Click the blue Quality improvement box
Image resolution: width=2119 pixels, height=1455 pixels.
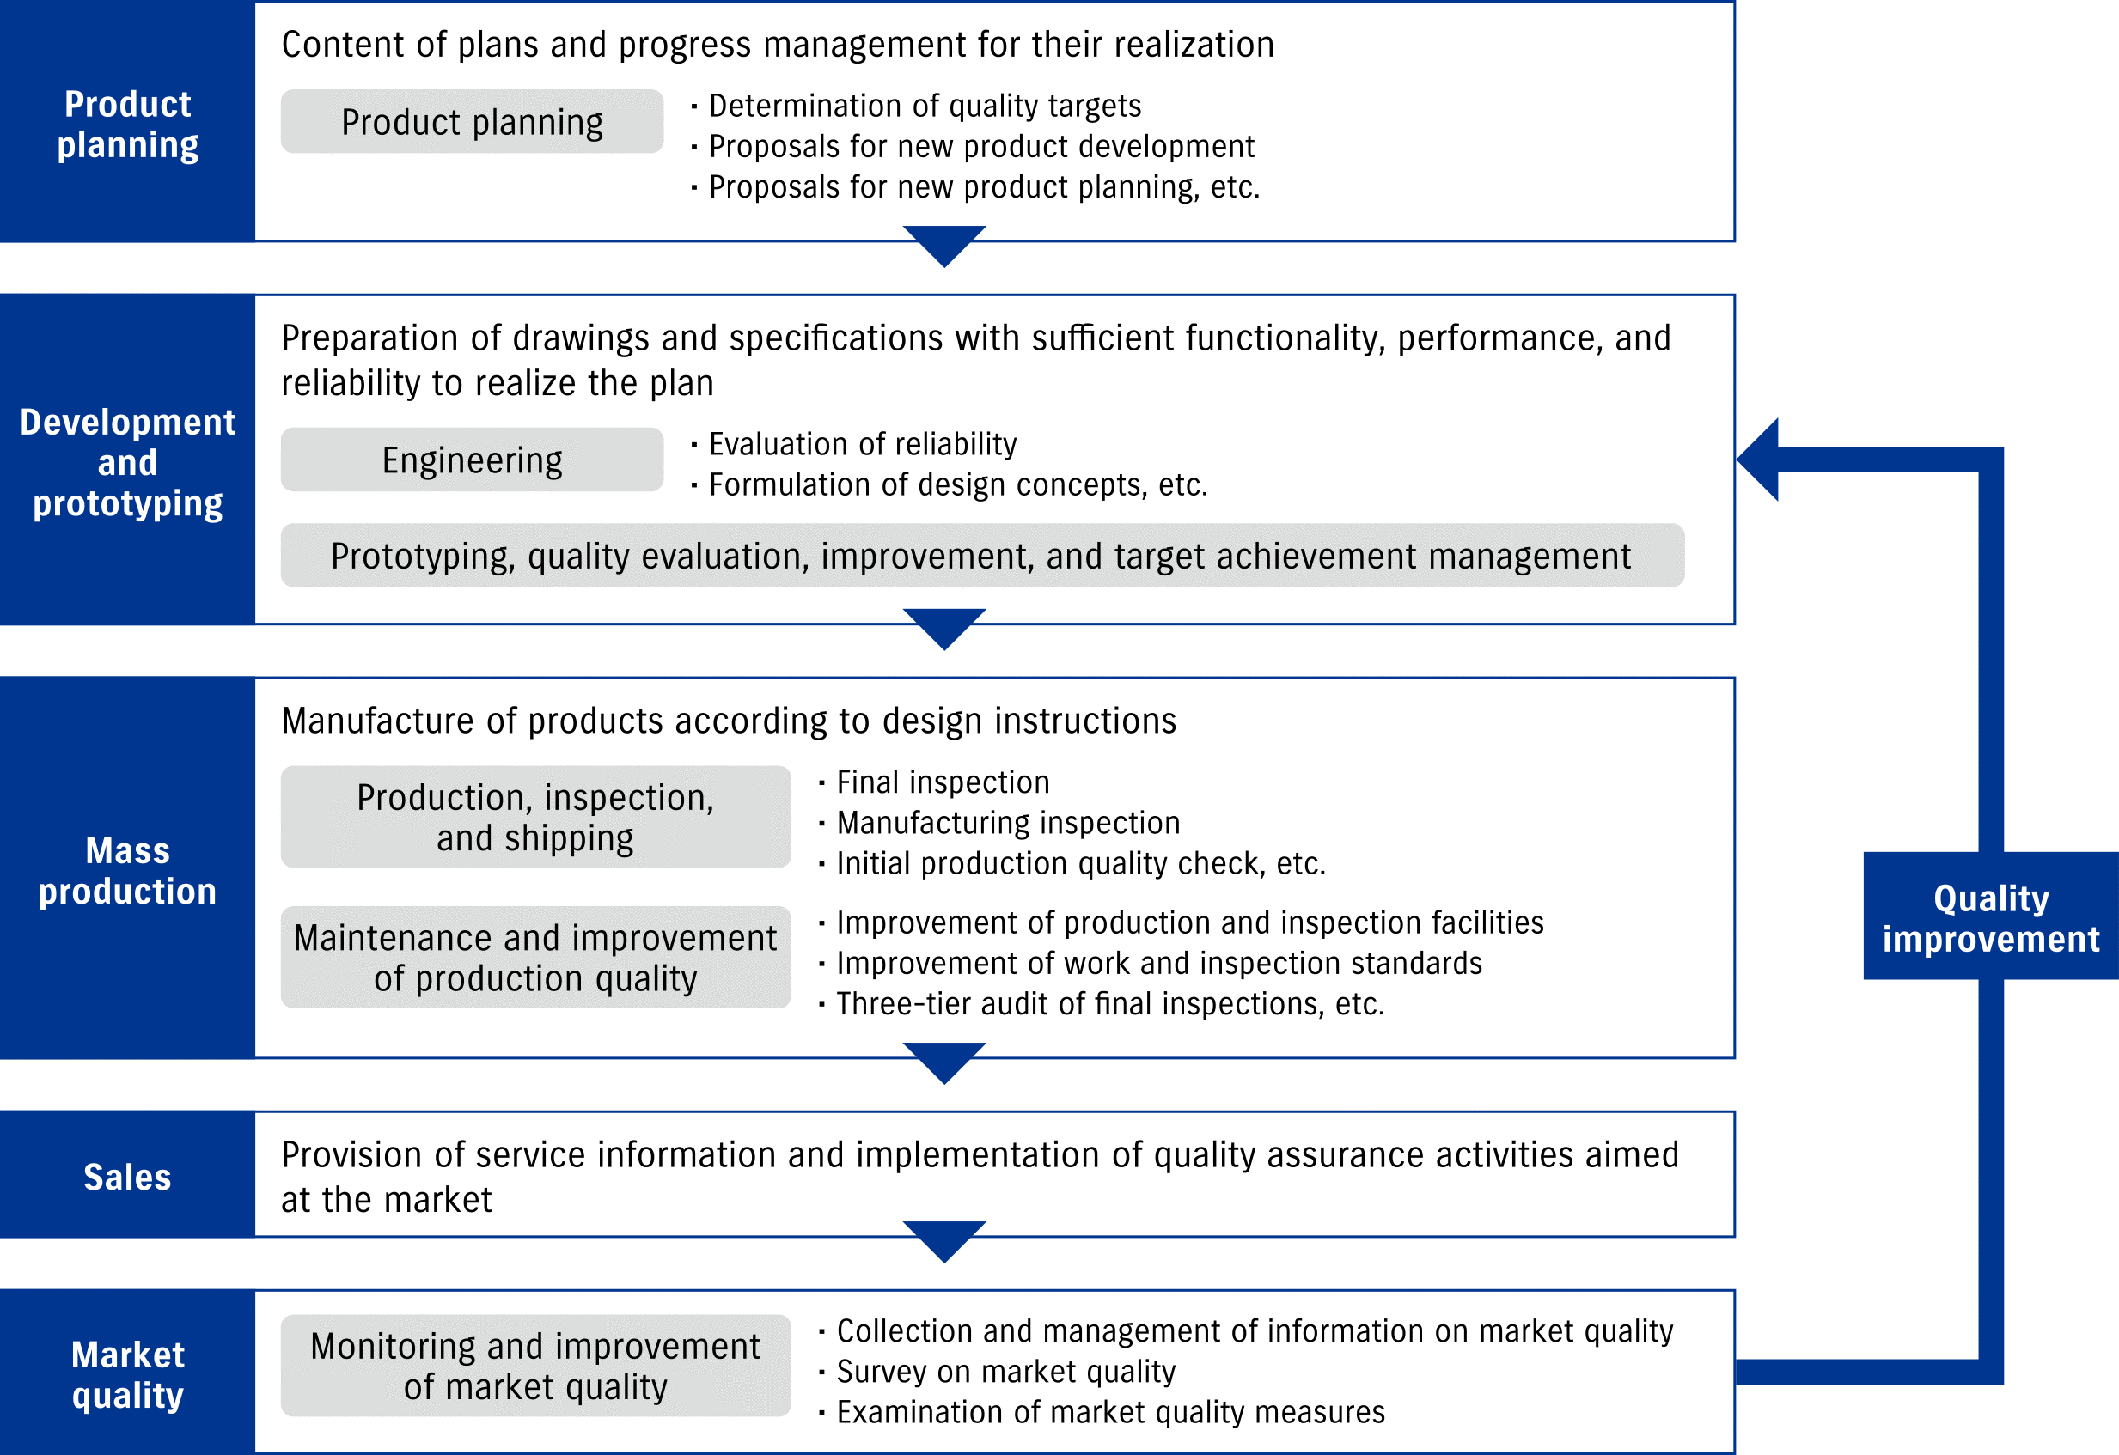[1990, 917]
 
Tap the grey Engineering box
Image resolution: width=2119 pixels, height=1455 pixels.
[472, 460]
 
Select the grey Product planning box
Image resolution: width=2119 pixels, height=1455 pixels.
[472, 122]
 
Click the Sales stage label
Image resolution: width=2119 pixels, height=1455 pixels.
[128, 1177]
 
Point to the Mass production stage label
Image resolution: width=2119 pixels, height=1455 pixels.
[128, 871]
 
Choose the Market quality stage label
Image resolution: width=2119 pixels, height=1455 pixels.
[128, 1375]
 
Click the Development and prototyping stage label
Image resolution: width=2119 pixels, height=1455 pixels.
[128, 462]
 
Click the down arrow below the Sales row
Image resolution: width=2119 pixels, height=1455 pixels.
[944, 1241]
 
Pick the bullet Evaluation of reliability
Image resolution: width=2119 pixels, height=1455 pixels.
[862, 444]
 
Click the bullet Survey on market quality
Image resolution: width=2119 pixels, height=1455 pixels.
[1005, 1371]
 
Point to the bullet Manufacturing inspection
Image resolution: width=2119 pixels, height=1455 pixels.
[1008, 822]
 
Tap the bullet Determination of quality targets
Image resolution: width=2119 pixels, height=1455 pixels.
[924, 106]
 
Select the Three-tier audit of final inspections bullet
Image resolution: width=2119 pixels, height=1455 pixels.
[1109, 1004]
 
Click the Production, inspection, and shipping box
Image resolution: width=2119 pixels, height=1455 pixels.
[535, 817]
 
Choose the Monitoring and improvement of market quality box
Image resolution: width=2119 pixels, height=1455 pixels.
[535, 1366]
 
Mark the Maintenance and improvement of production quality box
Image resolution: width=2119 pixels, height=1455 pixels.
[535, 957]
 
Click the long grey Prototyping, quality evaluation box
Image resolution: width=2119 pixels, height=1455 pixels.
[981, 556]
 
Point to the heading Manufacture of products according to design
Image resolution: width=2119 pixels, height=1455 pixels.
[729, 721]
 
